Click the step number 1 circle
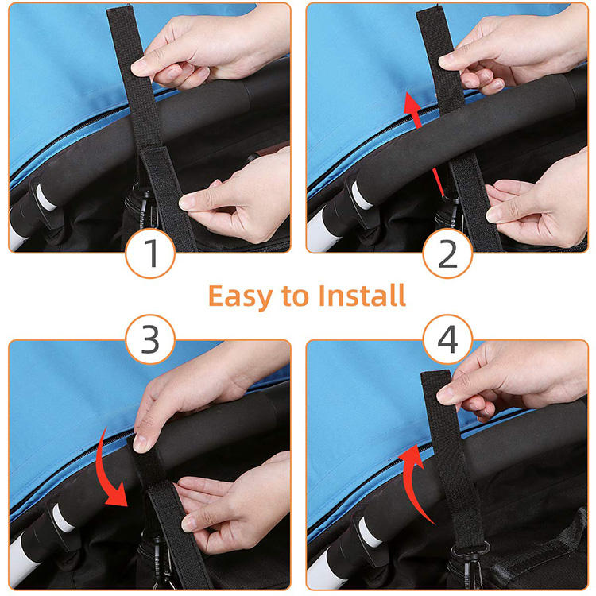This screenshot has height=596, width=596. coord(150,253)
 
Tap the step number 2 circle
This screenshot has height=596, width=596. coord(447,253)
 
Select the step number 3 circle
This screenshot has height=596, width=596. coord(150,339)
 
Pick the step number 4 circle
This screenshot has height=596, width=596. coord(447,339)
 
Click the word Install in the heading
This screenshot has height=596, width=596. coord(362,295)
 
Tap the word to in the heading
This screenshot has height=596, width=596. coord(295,296)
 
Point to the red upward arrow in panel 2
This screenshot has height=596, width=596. coord(423,145)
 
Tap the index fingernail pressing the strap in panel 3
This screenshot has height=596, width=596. coord(140,443)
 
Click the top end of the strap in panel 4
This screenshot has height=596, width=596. coord(435,374)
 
